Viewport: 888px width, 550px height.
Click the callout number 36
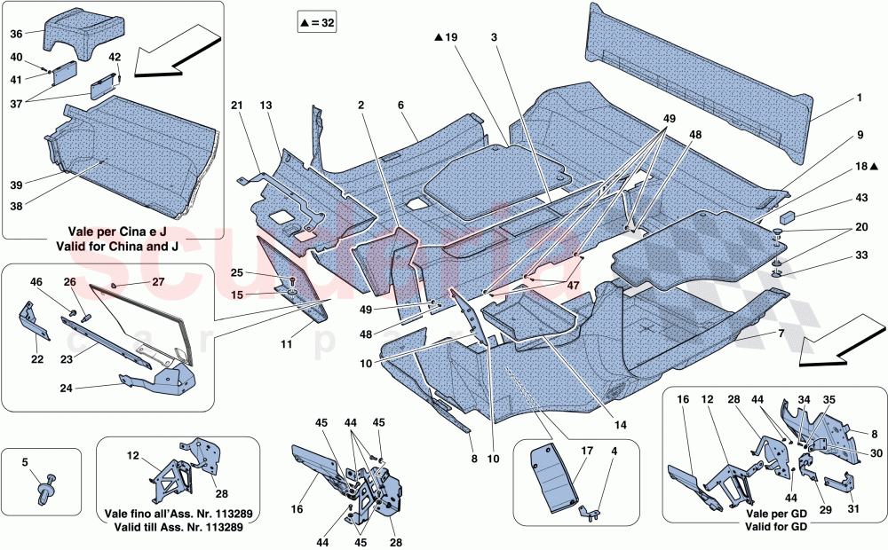pos(16,35)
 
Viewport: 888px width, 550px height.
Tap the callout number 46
pos(36,282)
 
